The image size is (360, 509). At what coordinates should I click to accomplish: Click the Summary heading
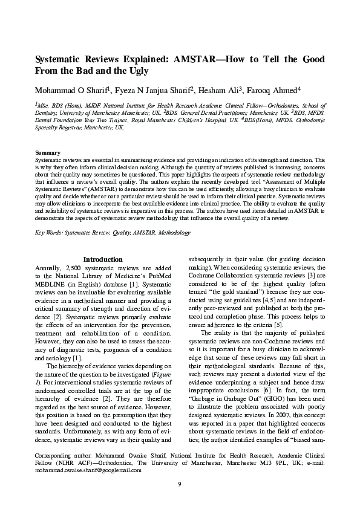[47, 152]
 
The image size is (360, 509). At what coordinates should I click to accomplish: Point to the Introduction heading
[103, 259]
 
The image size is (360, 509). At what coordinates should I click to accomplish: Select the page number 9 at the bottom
[180, 483]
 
